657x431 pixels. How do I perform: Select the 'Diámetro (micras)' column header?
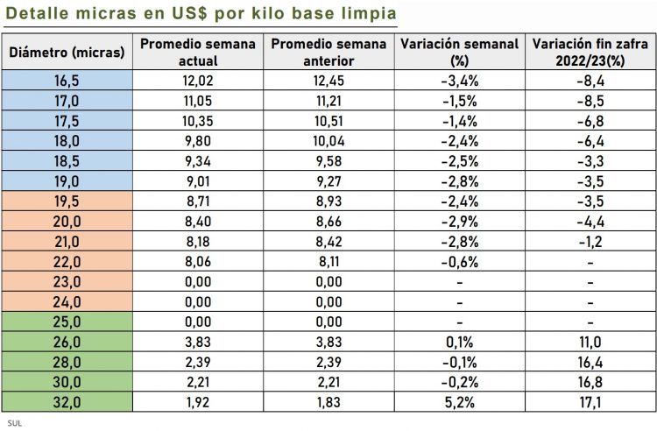pos(67,53)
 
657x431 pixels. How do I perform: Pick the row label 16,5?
pos(67,80)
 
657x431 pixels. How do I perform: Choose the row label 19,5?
pos(67,200)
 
